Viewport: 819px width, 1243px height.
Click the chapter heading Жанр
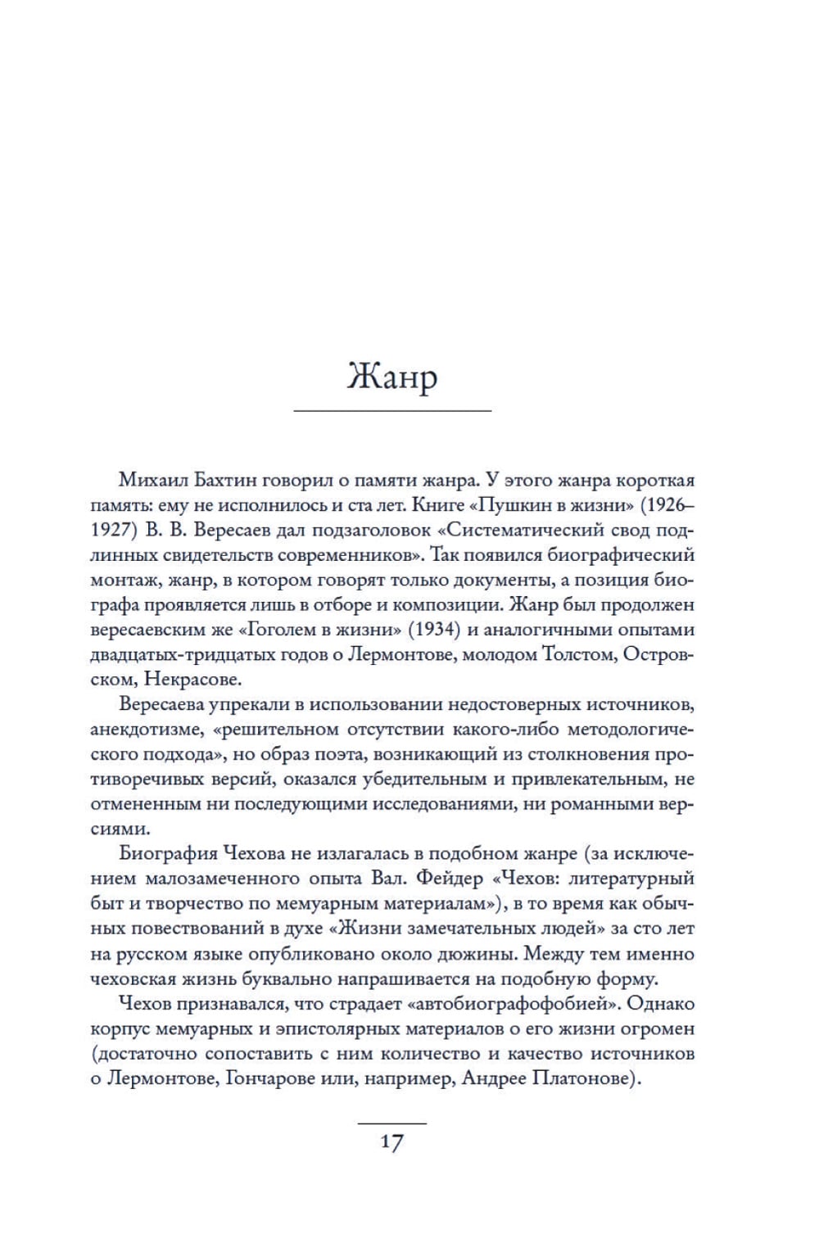click(x=392, y=377)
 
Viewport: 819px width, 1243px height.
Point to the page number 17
click(x=392, y=1141)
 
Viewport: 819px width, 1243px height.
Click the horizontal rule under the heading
click(x=392, y=409)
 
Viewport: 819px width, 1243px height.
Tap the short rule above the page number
click(x=392, y=1123)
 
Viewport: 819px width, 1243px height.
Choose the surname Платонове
click(x=585, y=1078)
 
